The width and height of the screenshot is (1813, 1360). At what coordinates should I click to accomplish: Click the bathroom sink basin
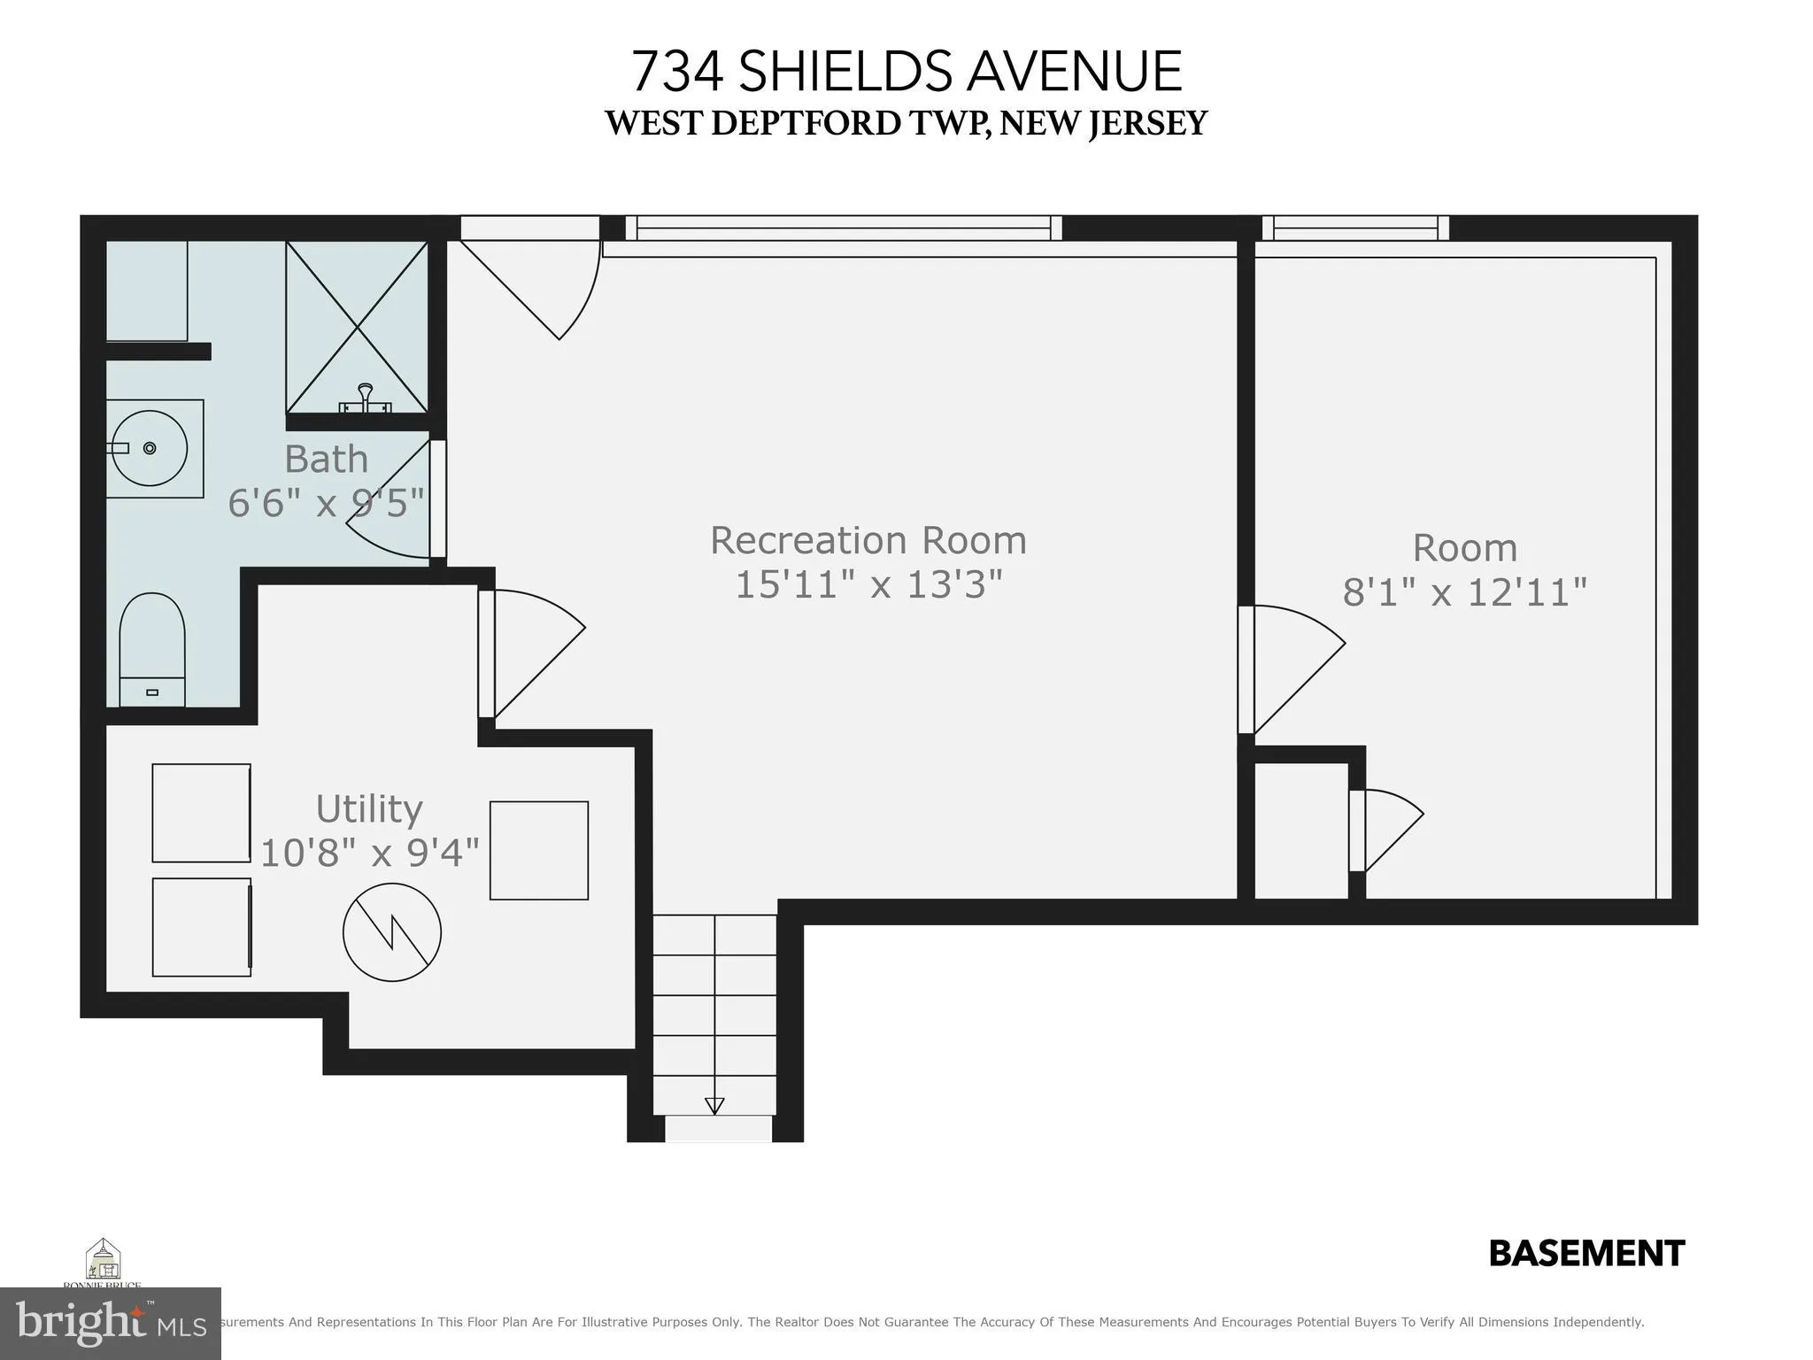point(150,448)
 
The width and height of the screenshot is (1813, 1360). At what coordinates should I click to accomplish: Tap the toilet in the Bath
point(152,648)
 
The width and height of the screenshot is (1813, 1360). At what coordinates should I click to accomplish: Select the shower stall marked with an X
point(357,327)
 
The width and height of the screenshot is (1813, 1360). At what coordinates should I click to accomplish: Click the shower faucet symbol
point(365,398)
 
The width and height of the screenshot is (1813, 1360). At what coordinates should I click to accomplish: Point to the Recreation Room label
point(868,540)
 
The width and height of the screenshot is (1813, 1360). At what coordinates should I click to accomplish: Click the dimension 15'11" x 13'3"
point(868,584)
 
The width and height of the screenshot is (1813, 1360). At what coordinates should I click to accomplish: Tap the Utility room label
point(369,808)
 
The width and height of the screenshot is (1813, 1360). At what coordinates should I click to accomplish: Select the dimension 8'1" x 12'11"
point(1464,591)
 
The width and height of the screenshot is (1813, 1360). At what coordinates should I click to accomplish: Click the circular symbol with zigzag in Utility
point(392,932)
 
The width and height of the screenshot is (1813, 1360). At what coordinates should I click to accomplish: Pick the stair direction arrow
point(714,1105)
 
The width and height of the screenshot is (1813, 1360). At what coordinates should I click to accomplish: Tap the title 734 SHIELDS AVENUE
point(906,72)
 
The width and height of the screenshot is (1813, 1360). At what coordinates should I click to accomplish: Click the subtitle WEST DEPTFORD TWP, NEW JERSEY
point(906,123)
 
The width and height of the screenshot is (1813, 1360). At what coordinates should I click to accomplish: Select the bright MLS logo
point(110,1323)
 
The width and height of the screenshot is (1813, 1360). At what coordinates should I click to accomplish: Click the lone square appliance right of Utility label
point(539,850)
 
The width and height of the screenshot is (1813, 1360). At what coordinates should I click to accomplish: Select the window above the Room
point(1355,228)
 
